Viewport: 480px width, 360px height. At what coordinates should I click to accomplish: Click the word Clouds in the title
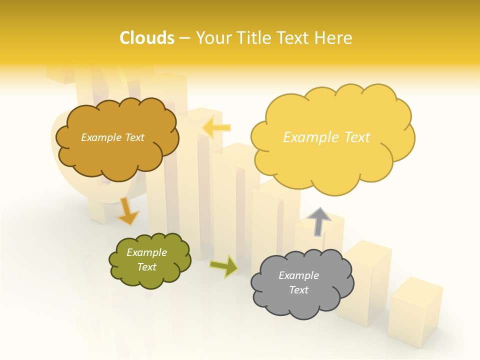pos(147,38)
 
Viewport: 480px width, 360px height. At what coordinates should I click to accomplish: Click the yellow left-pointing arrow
pos(216,128)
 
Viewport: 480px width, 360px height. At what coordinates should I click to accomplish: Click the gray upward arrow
pos(319,221)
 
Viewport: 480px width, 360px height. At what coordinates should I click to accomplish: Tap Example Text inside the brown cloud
pos(112,137)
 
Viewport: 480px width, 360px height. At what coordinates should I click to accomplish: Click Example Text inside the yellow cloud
pos(326,137)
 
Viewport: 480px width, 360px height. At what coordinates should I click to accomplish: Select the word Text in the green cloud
pos(147,267)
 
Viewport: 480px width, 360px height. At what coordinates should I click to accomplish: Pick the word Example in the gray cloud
pos(298,275)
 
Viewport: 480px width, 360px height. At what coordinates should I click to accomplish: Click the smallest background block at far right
pos(415,310)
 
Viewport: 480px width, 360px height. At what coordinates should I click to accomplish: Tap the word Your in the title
pos(211,38)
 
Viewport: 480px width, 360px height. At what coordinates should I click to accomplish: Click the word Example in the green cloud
pos(147,252)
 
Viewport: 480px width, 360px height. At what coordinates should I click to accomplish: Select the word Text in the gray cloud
pos(298,290)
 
